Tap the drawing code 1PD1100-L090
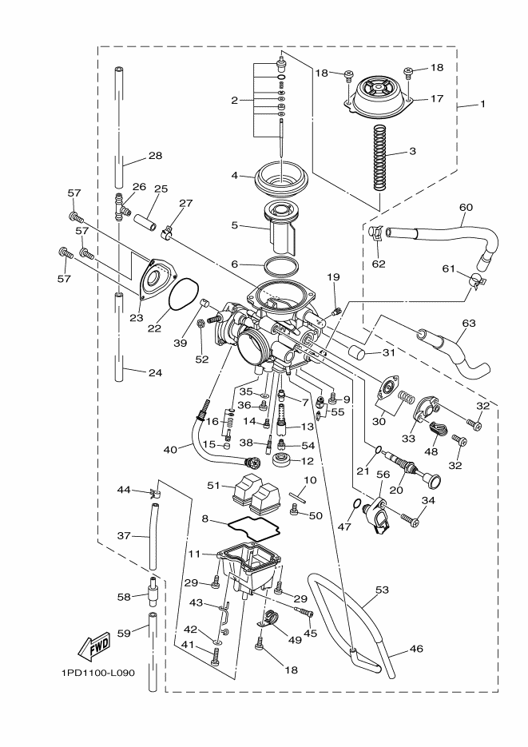[x=97, y=673]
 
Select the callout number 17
[x=435, y=99]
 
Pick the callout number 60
[x=466, y=207]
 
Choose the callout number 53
[x=382, y=590]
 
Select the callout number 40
[x=169, y=449]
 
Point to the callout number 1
[x=482, y=103]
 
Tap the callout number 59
[x=122, y=634]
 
